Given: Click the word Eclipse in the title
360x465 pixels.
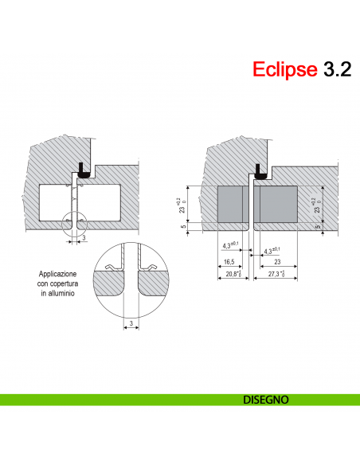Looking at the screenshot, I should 285,69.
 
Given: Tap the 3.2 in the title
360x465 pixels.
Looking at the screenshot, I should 336,69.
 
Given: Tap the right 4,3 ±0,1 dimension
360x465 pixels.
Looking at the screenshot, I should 272,252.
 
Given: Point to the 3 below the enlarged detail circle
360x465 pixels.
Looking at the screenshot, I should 130,323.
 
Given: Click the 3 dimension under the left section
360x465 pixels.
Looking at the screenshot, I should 84,238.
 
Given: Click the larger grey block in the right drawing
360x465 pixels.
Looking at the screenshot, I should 276,205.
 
